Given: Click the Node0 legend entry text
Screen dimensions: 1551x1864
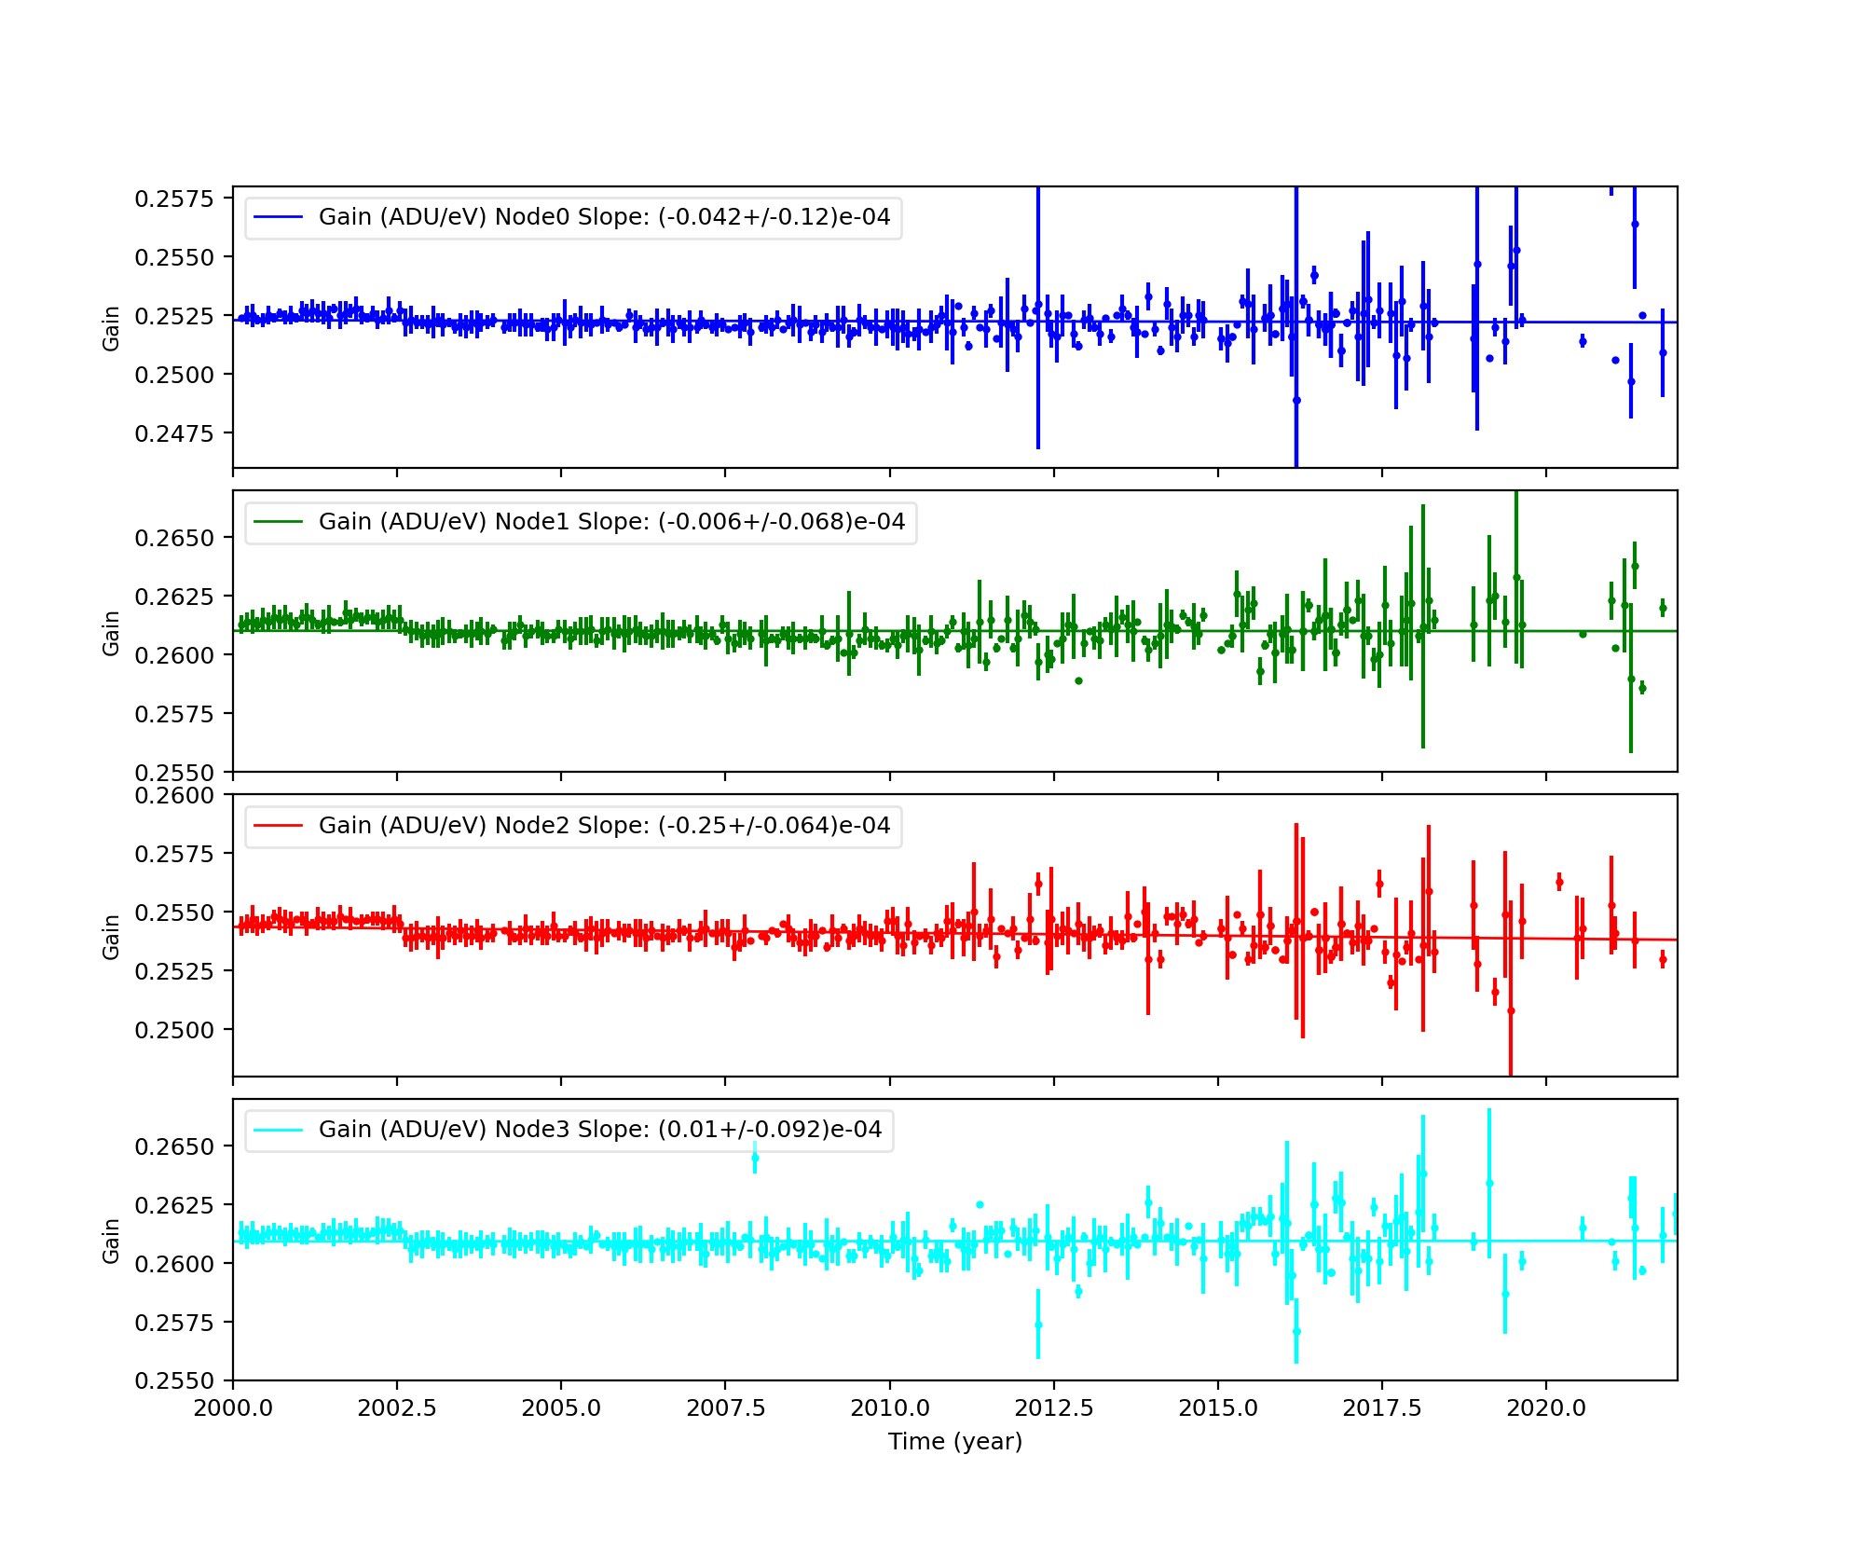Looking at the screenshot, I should coord(604,217).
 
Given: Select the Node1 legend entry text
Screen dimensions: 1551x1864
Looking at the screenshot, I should coord(611,522).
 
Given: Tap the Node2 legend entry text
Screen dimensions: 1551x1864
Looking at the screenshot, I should coord(604,826).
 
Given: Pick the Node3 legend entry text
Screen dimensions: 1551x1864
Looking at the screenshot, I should coord(600,1130).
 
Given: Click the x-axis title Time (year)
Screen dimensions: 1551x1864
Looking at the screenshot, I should coord(955,1442).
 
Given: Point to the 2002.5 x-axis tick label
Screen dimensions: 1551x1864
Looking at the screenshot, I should coord(397,1407).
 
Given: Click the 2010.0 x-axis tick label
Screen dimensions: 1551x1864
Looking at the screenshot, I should coord(889,1407).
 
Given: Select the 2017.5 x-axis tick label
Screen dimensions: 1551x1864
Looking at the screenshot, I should coord(1382,1407).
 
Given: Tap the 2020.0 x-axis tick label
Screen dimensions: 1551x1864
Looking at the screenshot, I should coord(1546,1407).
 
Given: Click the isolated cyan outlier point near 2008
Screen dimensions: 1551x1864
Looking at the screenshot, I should coord(755,1159).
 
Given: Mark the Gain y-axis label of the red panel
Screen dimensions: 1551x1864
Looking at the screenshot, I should coord(112,937).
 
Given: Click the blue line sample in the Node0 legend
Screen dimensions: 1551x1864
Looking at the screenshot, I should coord(279,217).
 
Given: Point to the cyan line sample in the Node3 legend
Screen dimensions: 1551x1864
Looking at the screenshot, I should coord(279,1130).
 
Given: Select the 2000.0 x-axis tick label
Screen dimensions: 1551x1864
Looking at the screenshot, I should coord(233,1407).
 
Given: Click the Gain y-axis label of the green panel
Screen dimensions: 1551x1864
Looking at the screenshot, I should coord(112,633).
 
